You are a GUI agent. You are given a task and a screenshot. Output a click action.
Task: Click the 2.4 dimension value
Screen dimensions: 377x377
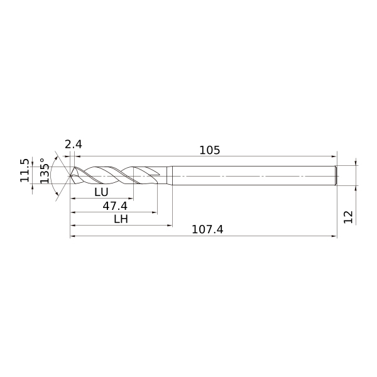coord(74,145)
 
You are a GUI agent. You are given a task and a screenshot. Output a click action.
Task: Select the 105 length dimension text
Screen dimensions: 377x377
coord(210,150)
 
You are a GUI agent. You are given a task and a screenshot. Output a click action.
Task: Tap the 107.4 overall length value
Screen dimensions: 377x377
coord(207,229)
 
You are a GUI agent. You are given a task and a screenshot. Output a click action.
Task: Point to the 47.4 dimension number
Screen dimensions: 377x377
coord(115,206)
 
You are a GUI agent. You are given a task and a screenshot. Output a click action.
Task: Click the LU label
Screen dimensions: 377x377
coord(101,192)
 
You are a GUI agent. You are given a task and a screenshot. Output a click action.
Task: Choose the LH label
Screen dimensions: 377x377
coord(121,219)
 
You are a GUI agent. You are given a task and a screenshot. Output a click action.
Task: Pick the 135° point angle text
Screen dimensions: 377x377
coord(45,171)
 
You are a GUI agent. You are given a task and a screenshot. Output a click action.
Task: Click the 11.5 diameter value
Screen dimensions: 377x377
coord(25,170)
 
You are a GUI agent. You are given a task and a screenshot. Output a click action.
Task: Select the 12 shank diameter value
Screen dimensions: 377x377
coord(348,217)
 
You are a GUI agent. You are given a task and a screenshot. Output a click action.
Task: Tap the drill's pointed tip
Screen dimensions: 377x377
coord(70,176)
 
